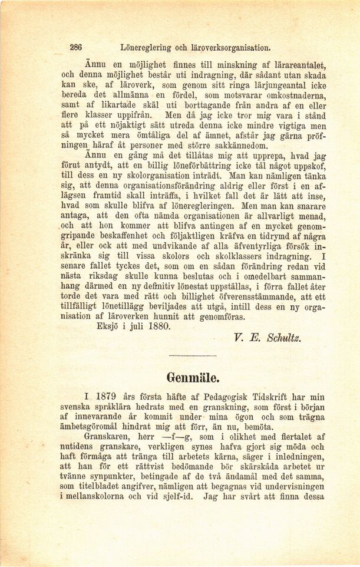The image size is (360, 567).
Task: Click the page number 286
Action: (75, 47)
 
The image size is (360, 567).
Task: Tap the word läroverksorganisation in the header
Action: (230, 47)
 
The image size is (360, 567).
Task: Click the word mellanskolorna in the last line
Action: (94, 497)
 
